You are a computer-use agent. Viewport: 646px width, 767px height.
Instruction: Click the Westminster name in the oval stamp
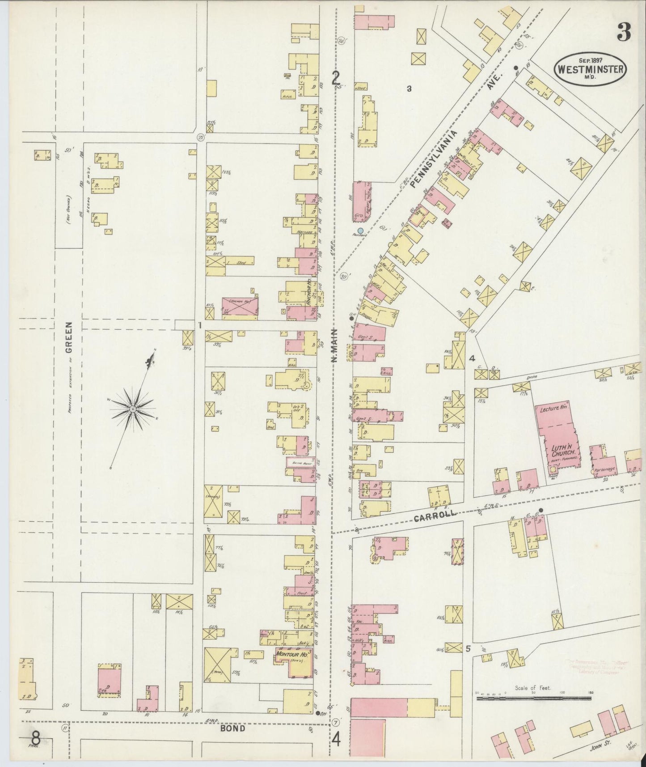[590, 69]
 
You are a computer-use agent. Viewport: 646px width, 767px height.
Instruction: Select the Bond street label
[233, 729]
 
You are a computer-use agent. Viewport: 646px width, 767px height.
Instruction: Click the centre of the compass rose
[132, 409]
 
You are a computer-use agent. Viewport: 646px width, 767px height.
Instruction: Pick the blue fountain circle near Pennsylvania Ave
[360, 230]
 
